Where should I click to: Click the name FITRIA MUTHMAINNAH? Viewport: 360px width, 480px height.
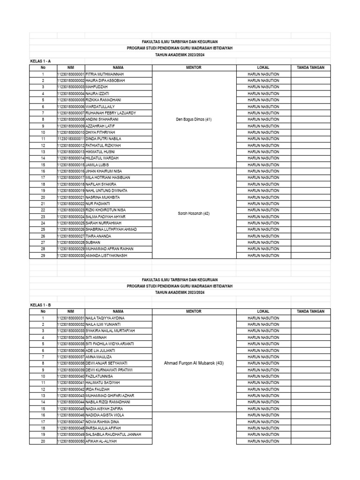(x=105, y=74)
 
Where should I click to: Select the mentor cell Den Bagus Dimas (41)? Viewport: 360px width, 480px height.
(x=194, y=120)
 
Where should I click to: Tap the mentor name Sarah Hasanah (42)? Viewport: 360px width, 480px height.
(x=194, y=213)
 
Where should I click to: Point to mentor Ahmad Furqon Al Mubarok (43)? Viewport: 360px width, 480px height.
(x=194, y=363)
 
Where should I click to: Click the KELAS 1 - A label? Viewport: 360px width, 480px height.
(x=40, y=61)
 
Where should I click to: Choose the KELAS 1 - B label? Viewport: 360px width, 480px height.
(x=40, y=305)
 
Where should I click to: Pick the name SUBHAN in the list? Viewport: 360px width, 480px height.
(x=93, y=242)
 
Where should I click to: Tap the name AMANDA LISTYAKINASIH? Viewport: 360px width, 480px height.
(x=106, y=255)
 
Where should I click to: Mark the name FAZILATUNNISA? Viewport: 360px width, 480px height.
(x=99, y=376)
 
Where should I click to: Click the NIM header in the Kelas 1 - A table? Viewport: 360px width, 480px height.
(x=71, y=67)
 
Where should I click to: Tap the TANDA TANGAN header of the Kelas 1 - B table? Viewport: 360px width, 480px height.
(x=310, y=311)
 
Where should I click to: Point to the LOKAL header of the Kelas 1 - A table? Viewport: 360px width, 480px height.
(x=263, y=67)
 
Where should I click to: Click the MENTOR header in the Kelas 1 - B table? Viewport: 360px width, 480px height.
(x=194, y=311)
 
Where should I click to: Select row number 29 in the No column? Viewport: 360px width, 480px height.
(x=43, y=255)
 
